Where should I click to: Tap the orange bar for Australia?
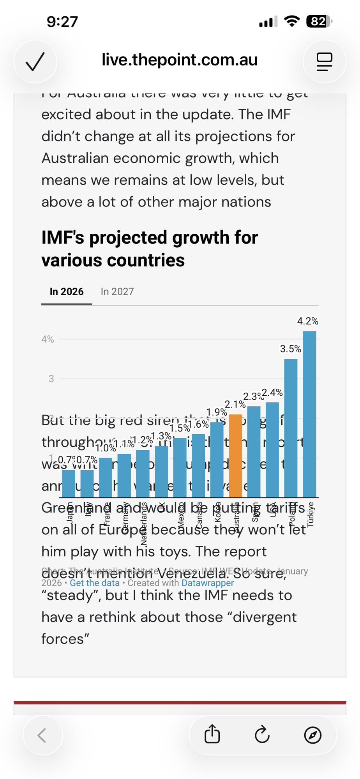[235, 456]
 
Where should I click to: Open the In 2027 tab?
[117, 292]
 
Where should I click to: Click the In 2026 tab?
[67, 292]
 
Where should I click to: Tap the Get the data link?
[95, 583]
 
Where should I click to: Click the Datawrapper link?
[207, 583]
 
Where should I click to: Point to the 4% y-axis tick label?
[48, 339]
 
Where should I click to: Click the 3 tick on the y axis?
[51, 379]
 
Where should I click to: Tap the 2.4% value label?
[272, 393]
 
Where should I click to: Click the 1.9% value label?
[217, 412]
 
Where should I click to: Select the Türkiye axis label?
[311, 514]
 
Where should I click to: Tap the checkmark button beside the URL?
[35, 62]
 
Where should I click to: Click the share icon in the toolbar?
[212, 735]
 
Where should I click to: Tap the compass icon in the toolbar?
[312, 735]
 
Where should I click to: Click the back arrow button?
[42, 735]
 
